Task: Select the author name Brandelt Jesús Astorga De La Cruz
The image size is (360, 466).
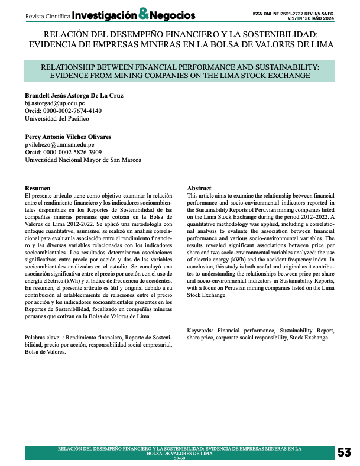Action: point(74,95)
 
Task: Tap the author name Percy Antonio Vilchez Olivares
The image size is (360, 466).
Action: point(69,137)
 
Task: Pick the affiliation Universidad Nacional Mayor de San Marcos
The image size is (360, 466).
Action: point(83,160)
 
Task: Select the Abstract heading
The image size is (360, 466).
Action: point(199,187)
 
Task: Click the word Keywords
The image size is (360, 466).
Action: point(200,329)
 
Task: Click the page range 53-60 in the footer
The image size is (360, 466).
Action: point(179,459)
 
